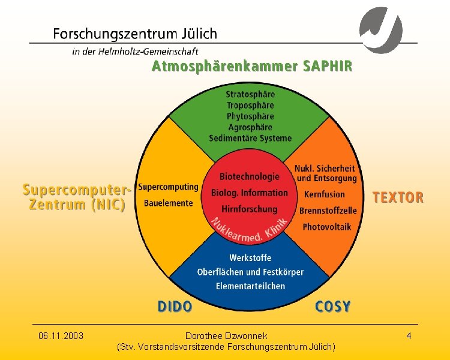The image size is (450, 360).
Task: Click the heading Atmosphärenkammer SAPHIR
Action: coord(252,66)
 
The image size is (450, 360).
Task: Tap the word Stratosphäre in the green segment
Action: coord(250,94)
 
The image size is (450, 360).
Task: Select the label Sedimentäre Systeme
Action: coord(250,138)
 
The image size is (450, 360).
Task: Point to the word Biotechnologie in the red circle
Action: coord(250,176)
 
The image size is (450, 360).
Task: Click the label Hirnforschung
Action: coord(250,209)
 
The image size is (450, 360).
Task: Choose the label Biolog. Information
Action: coord(250,193)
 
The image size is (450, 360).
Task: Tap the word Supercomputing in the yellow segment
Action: coord(168,187)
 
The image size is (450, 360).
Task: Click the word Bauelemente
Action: coord(169,203)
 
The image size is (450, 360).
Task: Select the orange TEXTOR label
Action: coord(398,197)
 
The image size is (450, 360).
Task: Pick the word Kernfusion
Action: coord(325,194)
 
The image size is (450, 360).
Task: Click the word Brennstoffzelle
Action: coord(328,211)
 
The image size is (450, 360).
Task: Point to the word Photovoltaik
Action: coord(327,227)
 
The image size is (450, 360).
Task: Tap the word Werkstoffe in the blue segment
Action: coord(250,257)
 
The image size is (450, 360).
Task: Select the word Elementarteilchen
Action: coord(251,286)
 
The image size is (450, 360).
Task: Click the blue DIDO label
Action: coord(175,307)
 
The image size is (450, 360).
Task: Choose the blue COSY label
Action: coord(333,307)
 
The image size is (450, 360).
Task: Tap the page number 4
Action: coord(409,336)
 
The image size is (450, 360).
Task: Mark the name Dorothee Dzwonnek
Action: coord(226,336)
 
